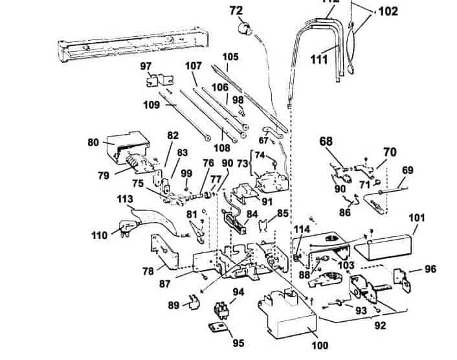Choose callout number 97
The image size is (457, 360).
pyautogui.click(x=146, y=66)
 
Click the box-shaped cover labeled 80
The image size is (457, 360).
pyautogui.click(x=127, y=146)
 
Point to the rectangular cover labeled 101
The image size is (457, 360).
pyautogui.click(x=386, y=245)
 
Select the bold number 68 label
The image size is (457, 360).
pyautogui.click(x=326, y=141)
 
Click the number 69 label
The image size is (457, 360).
pyautogui.click(x=408, y=170)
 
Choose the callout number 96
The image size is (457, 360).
pyautogui.click(x=430, y=269)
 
